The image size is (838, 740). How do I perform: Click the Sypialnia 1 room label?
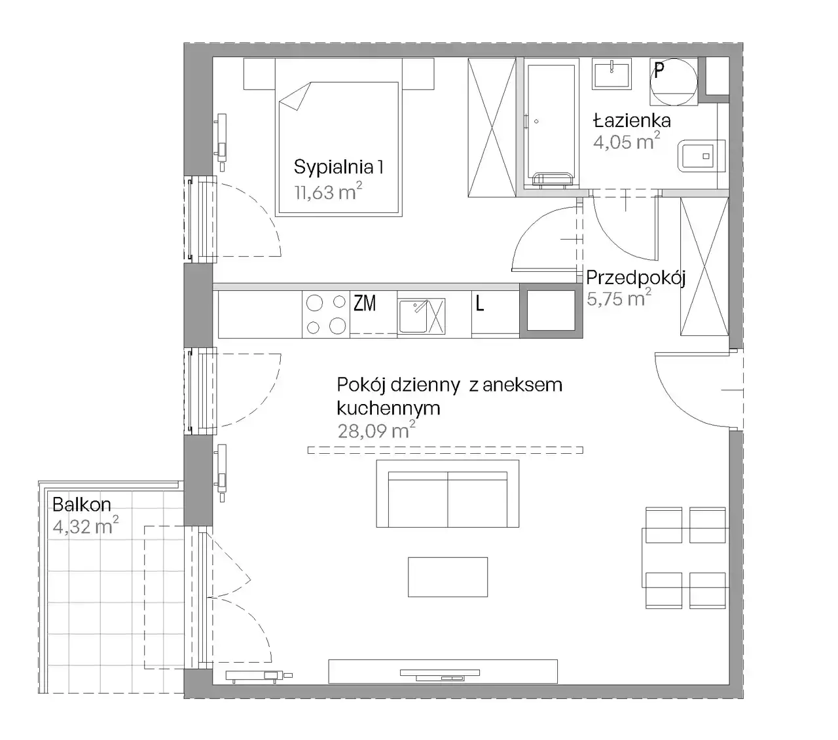click(x=338, y=167)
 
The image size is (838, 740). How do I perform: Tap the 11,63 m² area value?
click(x=328, y=191)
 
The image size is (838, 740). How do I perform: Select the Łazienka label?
click(x=631, y=120)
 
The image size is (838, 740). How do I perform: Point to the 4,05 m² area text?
click(x=627, y=141)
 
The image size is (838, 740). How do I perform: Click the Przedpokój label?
click(x=635, y=278)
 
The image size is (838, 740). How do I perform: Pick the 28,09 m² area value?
click(x=376, y=430)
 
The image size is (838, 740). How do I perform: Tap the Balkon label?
click(x=82, y=504)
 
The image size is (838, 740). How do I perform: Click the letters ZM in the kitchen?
click(x=365, y=303)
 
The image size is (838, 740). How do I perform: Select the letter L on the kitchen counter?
click(x=479, y=304)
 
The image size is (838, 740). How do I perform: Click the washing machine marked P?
click(x=674, y=82)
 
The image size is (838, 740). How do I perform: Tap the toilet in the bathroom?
click(x=701, y=156)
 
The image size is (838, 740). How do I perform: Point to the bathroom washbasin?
click(x=611, y=73)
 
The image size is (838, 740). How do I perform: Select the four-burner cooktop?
click(x=326, y=314)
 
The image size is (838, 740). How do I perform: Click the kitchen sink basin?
click(x=413, y=316)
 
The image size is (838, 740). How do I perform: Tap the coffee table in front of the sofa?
click(x=448, y=577)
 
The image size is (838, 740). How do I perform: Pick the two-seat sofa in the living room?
click(x=448, y=494)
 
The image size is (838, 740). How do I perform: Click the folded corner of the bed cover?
click(x=296, y=96)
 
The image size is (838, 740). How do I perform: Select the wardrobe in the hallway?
click(x=704, y=267)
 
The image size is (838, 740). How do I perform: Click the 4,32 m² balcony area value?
click(x=86, y=526)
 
